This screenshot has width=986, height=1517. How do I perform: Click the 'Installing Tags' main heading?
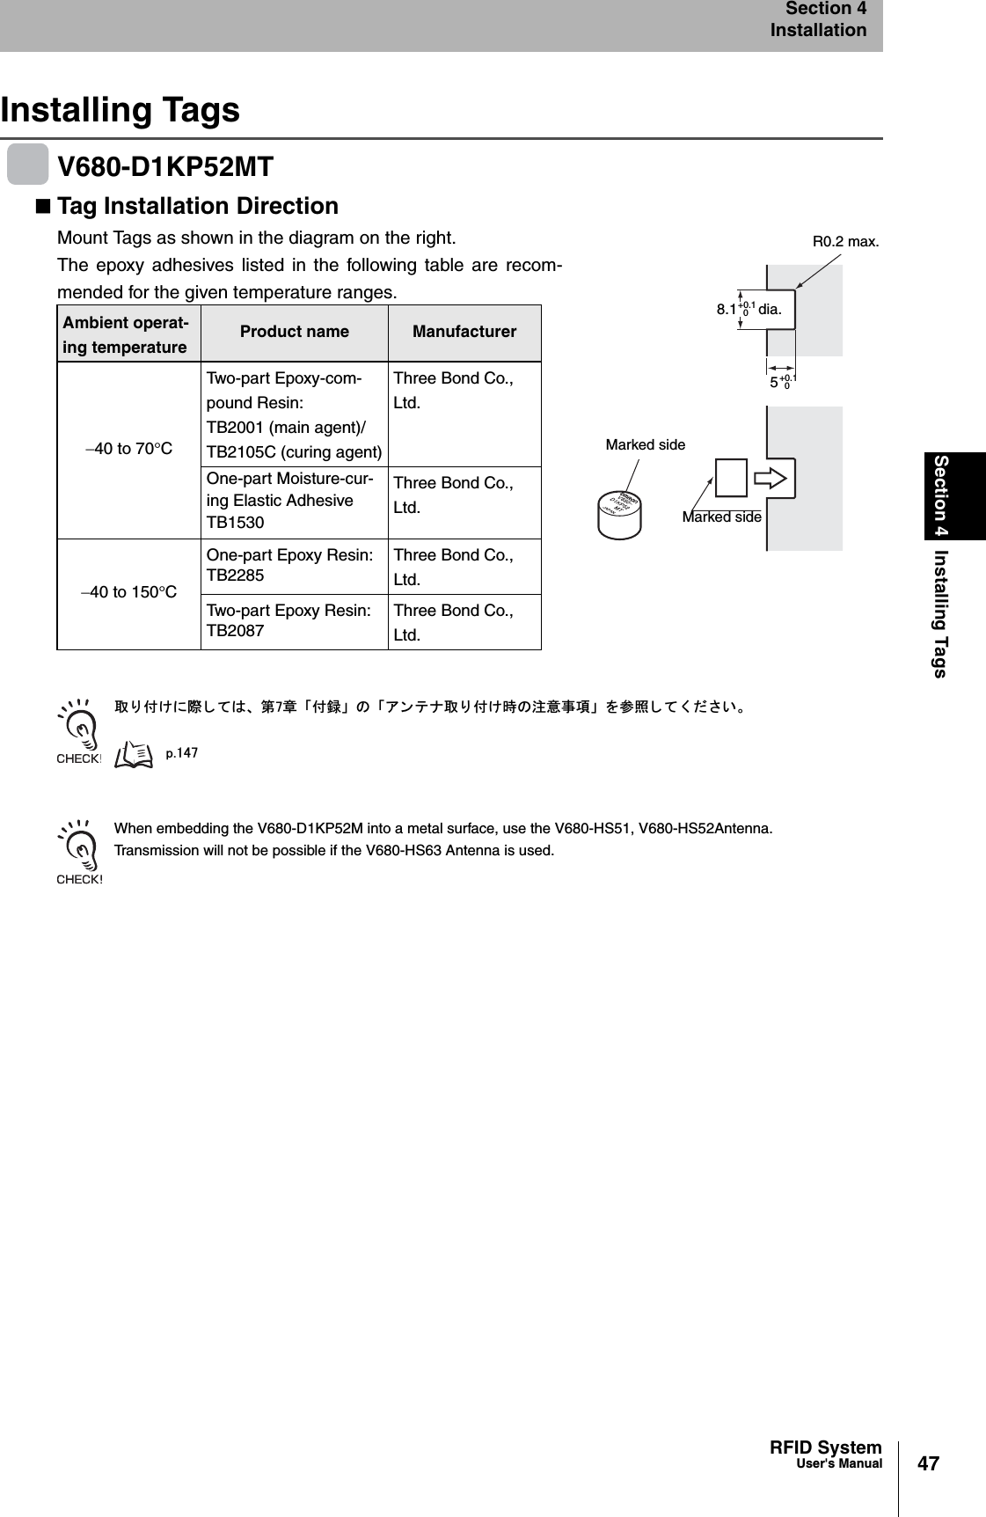121,111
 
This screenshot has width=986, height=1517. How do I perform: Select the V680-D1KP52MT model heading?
165,165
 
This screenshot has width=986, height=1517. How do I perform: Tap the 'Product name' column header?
294,333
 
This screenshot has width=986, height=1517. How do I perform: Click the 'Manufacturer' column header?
464,333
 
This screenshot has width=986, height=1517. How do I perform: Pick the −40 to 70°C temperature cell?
129,450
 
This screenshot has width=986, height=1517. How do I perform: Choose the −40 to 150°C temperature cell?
129,592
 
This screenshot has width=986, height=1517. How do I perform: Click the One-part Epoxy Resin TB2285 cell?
294,566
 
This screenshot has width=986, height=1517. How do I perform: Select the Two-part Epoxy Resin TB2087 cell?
294,621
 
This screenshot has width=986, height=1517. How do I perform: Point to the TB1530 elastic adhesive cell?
294,502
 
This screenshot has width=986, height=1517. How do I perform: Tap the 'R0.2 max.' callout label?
845,241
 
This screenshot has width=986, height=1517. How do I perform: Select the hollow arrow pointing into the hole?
773,478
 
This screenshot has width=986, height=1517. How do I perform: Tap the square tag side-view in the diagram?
731,478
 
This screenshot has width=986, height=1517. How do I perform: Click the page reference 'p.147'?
182,752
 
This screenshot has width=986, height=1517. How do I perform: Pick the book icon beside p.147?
135,753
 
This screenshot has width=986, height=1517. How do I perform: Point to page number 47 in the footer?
928,1464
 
